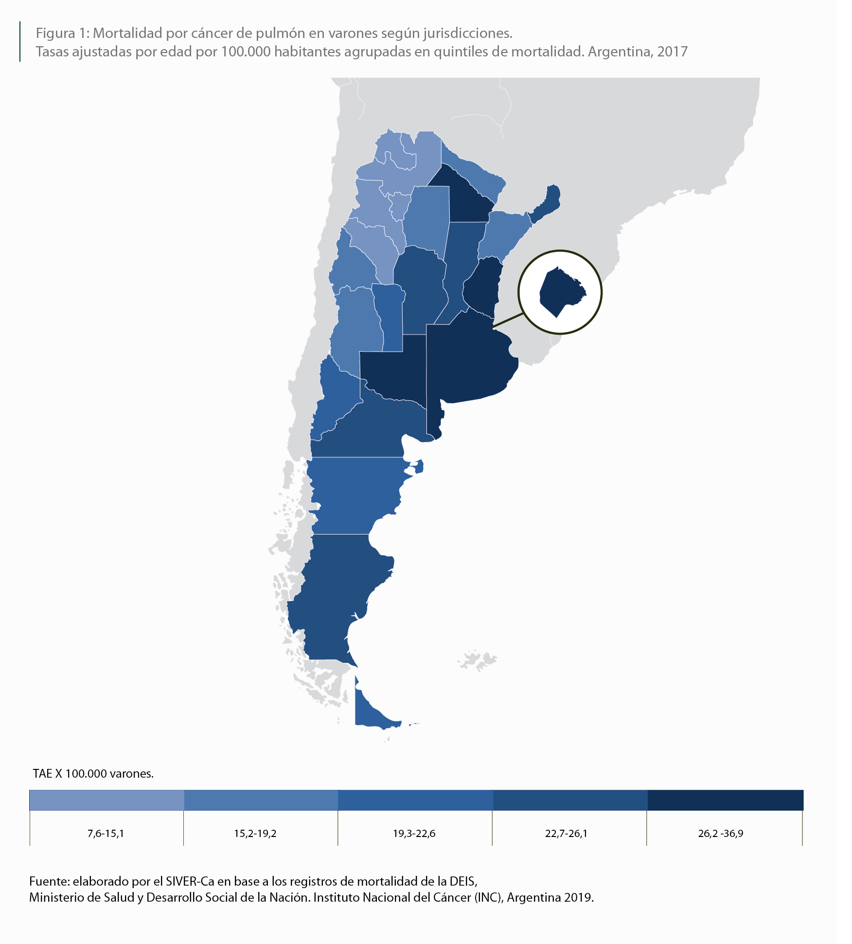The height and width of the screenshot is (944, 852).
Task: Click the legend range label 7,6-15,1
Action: click(x=106, y=834)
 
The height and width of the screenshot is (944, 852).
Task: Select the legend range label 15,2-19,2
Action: click(x=255, y=834)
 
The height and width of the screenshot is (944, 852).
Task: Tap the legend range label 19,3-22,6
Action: click(x=414, y=834)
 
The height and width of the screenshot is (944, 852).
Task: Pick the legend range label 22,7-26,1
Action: click(x=566, y=834)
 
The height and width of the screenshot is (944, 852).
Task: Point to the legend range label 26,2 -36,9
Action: click(x=721, y=834)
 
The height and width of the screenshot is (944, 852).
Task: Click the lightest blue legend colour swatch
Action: click(x=106, y=800)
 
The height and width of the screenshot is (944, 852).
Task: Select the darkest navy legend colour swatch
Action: click(x=725, y=800)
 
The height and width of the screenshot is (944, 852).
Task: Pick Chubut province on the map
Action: click(x=355, y=496)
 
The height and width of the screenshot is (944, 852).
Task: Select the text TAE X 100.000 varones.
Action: click(x=93, y=773)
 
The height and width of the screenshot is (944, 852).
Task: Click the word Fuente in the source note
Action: click(x=49, y=881)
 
